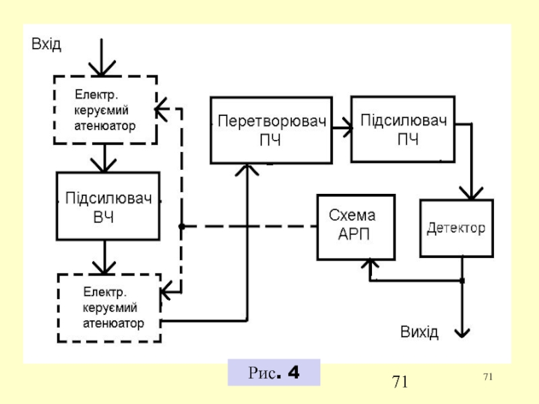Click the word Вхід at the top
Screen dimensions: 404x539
[x=46, y=44]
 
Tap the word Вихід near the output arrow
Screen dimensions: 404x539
[x=420, y=332]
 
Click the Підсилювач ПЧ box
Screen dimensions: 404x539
[x=402, y=129]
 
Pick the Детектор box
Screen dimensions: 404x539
[x=456, y=228]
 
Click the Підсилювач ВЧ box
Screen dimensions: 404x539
[x=108, y=206]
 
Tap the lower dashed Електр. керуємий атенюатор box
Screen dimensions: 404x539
[x=109, y=307]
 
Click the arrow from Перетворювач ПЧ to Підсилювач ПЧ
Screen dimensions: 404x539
[x=343, y=127]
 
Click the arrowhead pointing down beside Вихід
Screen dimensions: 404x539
[x=462, y=331]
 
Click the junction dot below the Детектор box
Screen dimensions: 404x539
[x=462, y=280]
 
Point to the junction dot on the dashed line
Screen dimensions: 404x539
[x=181, y=226]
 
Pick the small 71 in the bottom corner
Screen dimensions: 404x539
[x=488, y=375]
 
